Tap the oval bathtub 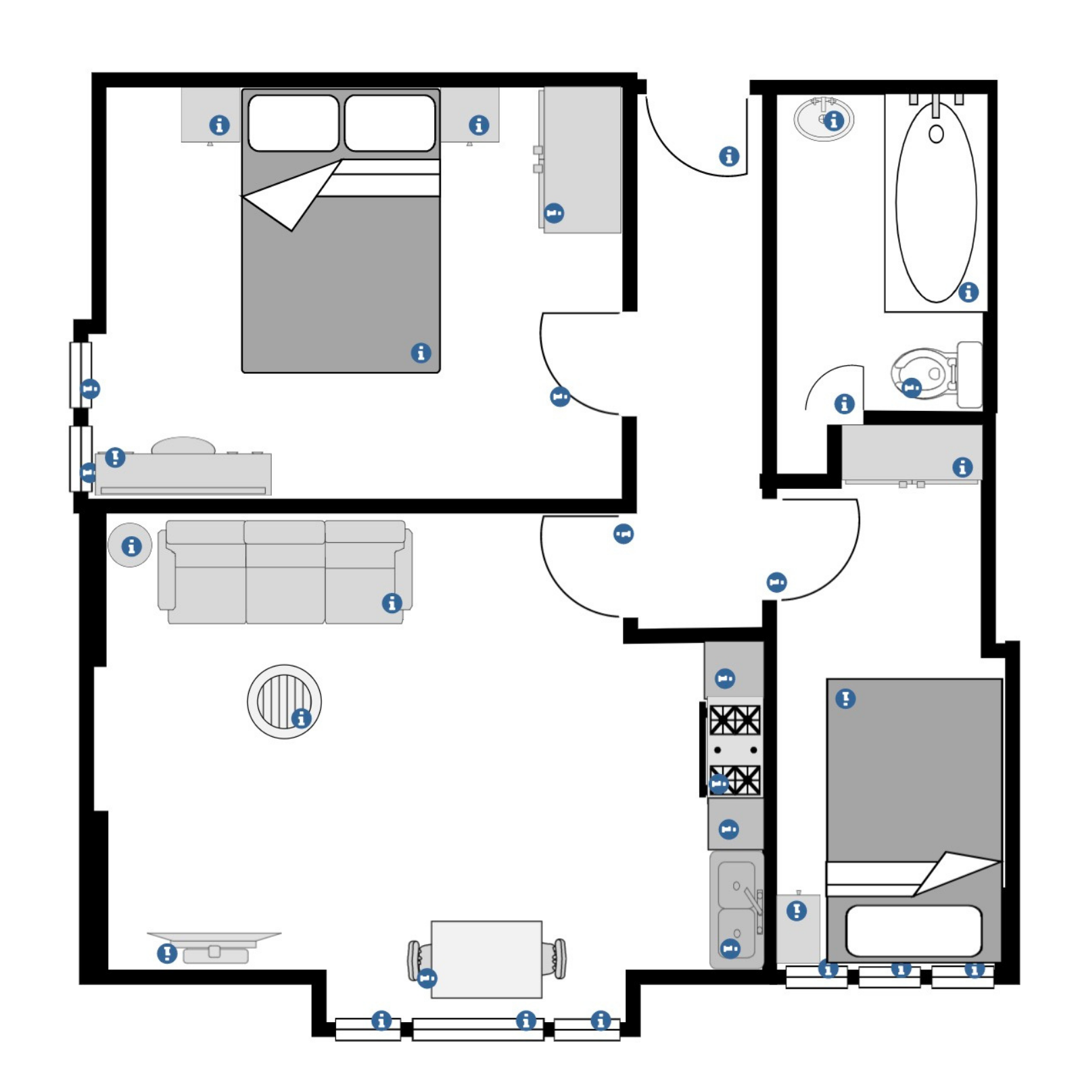coord(935,203)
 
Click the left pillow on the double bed coord(293,122)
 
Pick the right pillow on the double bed coord(390,122)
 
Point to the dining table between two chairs coord(486,958)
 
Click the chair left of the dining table coord(415,959)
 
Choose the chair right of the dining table coord(558,958)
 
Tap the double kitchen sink coord(736,908)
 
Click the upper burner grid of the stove coord(734,719)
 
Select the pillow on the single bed coord(912,930)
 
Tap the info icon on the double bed coord(421,352)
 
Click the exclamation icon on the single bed coord(845,698)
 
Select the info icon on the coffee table coord(301,717)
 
